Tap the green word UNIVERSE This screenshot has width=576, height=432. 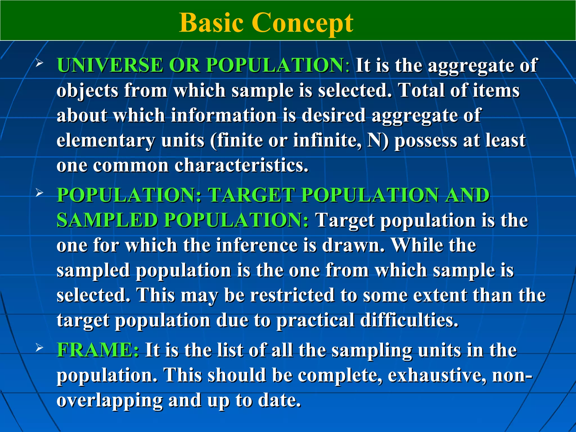tap(110, 65)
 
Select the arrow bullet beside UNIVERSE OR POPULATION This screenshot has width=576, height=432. tap(39, 63)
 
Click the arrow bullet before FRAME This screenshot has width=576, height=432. tap(39, 348)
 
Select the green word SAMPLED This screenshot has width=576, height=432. tap(107, 220)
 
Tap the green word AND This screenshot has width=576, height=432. tap(467, 195)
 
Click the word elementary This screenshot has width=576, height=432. tap(106, 140)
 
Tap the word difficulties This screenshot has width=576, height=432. tap(409, 320)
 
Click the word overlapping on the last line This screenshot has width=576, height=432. tap(110, 400)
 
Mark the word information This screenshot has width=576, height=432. tap(224, 115)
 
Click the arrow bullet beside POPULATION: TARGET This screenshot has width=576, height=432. tap(39, 193)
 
